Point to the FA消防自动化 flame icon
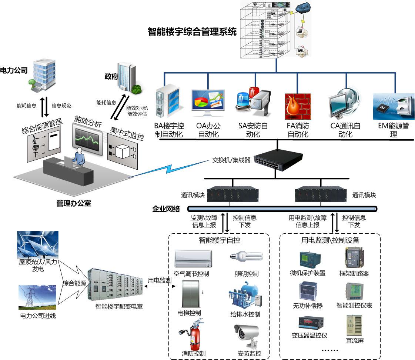(298, 107)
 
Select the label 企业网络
(166, 209)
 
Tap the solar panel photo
(37, 244)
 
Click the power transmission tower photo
(37, 297)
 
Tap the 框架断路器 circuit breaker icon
(354, 258)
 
